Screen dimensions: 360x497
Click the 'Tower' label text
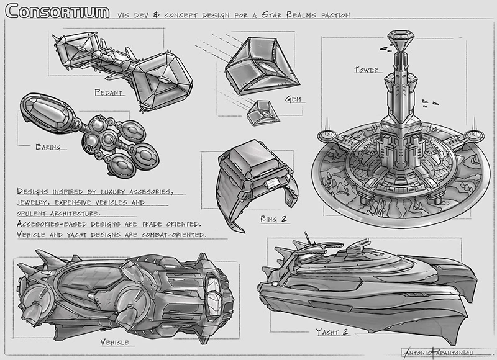point(366,70)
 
